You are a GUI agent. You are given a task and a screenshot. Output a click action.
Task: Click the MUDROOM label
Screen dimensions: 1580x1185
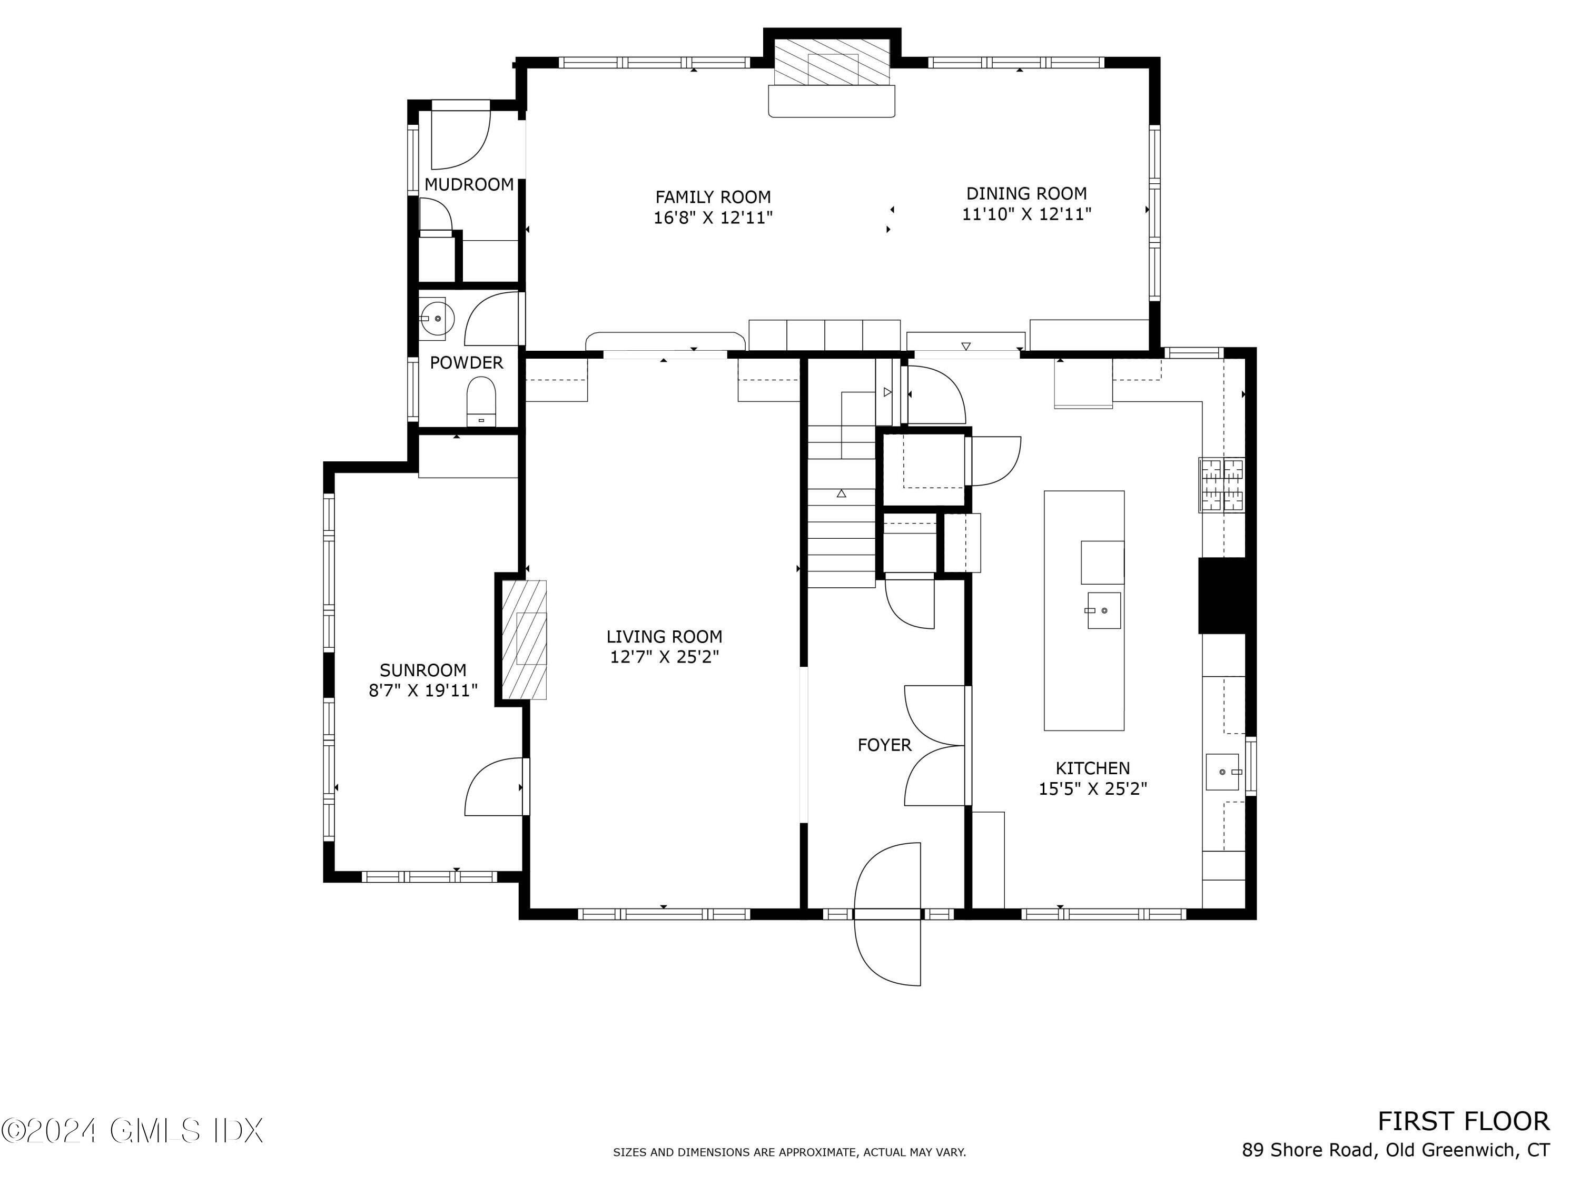click(x=469, y=184)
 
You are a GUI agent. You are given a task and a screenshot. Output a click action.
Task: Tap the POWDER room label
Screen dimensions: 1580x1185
click(x=467, y=362)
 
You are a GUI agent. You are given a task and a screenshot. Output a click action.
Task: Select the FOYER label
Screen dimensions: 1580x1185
click(x=884, y=745)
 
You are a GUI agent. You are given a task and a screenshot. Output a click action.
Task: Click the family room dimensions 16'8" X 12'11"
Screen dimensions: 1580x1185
click(x=714, y=217)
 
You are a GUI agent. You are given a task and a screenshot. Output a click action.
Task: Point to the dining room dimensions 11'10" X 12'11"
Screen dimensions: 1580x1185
click(x=1026, y=214)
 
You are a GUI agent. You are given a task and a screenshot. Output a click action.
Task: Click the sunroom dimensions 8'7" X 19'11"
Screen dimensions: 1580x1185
click(x=423, y=690)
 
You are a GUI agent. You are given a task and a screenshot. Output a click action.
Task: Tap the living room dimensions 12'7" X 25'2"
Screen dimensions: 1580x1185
click(x=664, y=656)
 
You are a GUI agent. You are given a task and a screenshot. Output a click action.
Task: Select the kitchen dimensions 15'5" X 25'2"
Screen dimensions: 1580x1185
click(x=1093, y=788)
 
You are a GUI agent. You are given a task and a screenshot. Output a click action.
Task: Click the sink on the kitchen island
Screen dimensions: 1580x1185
click(x=1103, y=611)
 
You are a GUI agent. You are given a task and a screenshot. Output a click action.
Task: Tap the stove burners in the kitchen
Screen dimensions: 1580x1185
click(x=1221, y=485)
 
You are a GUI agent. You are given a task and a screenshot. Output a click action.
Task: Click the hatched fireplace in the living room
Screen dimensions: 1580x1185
click(x=524, y=639)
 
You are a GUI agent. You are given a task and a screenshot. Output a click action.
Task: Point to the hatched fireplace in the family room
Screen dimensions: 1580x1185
click(x=832, y=60)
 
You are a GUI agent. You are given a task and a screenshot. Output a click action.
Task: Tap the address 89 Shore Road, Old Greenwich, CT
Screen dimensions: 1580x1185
click(x=1396, y=1150)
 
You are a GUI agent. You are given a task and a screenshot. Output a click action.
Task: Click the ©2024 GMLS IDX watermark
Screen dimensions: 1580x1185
click(x=132, y=1131)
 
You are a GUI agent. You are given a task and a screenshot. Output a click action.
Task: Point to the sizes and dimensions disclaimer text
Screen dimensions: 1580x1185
click(x=789, y=1152)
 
